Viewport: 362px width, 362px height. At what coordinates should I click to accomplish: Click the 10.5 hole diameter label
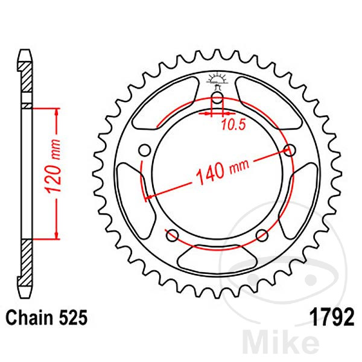coord(233,125)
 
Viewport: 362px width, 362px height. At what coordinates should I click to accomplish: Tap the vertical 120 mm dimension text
coord(53,166)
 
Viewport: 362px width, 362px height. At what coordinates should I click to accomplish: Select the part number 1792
coord(332,317)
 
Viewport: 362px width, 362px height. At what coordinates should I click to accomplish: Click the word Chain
coord(30,317)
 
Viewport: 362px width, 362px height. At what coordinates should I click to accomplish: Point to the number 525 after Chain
coord(73,318)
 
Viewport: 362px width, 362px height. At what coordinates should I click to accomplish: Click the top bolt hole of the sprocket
coord(217,98)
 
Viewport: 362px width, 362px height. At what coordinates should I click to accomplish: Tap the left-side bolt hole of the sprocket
coord(145,150)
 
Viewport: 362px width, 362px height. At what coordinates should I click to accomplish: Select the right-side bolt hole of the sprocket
coord(290,150)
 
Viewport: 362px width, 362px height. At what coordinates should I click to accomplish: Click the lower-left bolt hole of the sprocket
coord(173,235)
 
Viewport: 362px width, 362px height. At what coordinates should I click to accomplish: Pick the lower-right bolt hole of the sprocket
coord(262,235)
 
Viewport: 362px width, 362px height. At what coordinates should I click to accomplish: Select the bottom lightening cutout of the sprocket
coord(217,257)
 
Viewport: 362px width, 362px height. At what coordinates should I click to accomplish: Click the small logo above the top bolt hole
coord(217,80)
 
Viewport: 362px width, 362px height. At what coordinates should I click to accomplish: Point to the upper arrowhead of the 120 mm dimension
coord(57,113)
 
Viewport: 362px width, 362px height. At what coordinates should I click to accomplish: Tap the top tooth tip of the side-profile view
coord(25,50)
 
